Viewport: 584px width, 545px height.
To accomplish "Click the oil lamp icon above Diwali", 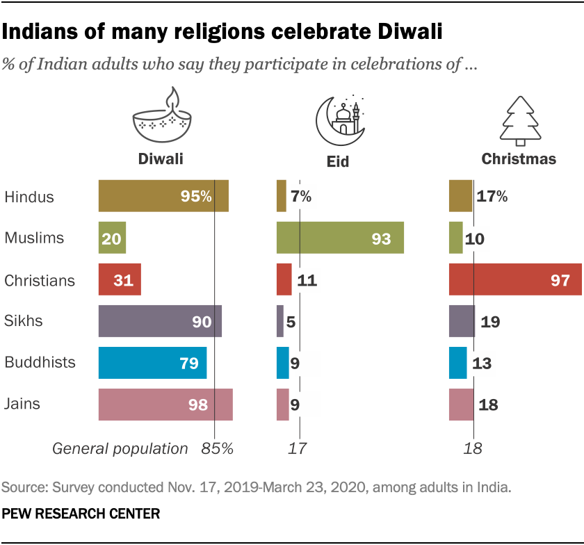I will (x=162, y=118).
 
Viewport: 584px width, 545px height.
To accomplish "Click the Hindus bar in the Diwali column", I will (x=163, y=196).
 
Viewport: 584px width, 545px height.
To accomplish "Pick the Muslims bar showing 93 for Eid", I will (x=340, y=238).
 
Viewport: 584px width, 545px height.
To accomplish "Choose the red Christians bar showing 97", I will (x=515, y=280).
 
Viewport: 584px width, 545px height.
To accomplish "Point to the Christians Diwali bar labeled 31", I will (x=120, y=280).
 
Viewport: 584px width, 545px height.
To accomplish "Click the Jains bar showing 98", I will (x=165, y=405).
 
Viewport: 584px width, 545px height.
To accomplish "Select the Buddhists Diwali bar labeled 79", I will (x=152, y=363).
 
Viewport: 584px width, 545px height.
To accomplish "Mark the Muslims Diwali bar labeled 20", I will (x=112, y=238).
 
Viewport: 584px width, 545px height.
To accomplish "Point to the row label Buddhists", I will (x=40, y=363).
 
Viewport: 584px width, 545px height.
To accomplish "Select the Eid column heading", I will (x=338, y=162).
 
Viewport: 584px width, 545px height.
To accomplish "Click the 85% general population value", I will (x=216, y=448).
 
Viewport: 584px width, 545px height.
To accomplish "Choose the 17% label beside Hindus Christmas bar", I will (x=492, y=196).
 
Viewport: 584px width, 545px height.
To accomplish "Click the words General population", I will (x=120, y=448).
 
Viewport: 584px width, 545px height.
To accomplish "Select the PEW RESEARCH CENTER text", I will (x=81, y=514).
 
